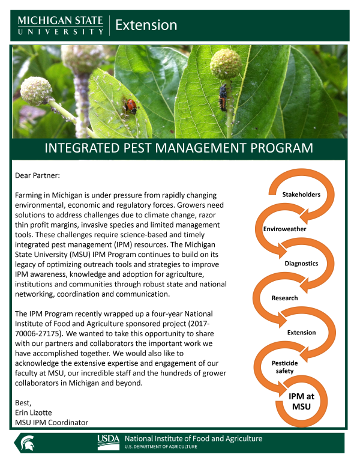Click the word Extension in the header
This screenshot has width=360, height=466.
click(x=146, y=25)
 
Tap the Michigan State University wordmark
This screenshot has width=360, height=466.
click(x=61, y=25)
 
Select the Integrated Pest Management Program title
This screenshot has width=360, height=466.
click(x=179, y=148)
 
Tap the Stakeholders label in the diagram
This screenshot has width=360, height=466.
click(x=301, y=194)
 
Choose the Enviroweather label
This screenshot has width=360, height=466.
click(x=285, y=229)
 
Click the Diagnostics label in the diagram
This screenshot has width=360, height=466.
click(x=301, y=263)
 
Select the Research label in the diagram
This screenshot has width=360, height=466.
click(x=284, y=298)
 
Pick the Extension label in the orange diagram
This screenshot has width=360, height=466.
click(x=301, y=332)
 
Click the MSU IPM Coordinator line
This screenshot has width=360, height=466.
click(x=52, y=423)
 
